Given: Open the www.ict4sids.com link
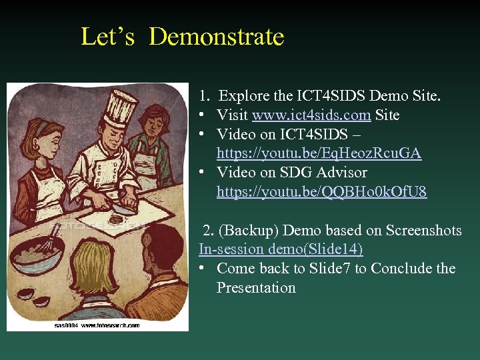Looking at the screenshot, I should [311, 115].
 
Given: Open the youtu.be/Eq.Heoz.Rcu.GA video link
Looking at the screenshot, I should [319, 154].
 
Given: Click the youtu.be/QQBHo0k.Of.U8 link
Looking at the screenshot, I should [321, 193].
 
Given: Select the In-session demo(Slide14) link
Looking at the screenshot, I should [281, 249].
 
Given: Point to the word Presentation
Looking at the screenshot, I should [256, 288].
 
